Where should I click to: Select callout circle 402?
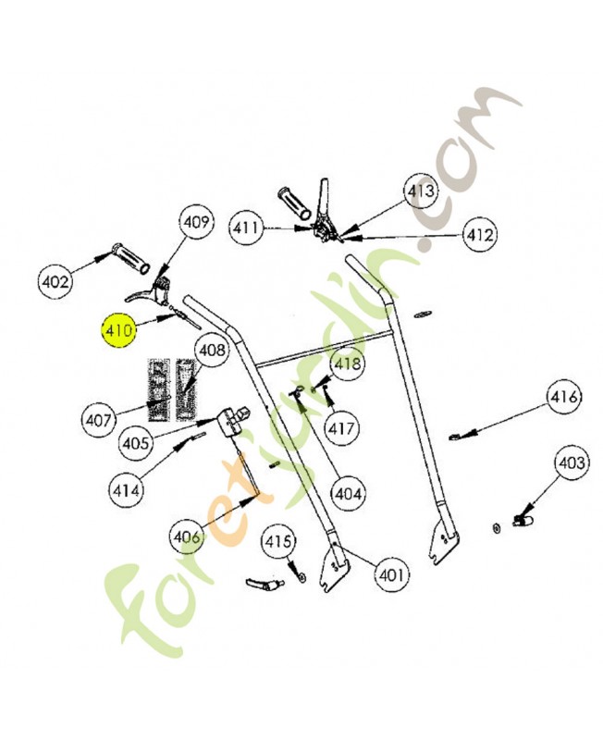coord(55,279)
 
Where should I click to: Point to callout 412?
coord(480,235)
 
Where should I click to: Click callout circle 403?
coord(572,462)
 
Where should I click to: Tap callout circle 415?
coord(278,540)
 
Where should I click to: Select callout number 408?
coord(212,351)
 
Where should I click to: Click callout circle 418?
coord(348,364)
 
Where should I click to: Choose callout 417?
coord(341,429)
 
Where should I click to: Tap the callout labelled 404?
coord(349,494)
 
